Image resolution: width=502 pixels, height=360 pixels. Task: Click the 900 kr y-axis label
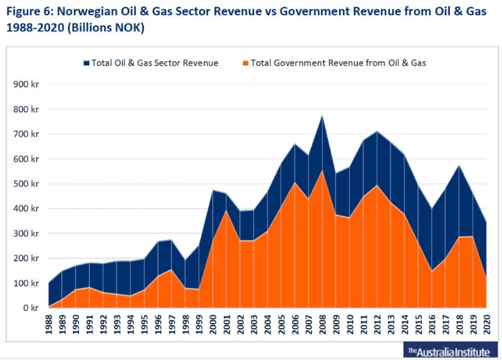[25, 84]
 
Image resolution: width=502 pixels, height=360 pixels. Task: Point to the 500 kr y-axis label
[25, 184]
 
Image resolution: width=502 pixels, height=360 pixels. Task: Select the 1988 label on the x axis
[48, 325]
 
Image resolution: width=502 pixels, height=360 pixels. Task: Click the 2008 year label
[323, 325]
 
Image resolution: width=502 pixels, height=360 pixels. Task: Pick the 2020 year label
[487, 325]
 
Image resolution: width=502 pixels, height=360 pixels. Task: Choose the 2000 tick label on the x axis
[213, 325]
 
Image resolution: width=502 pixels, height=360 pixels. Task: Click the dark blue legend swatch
[86, 62]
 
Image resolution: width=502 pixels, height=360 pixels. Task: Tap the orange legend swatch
[245, 62]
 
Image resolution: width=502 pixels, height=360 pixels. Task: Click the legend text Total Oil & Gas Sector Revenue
[154, 62]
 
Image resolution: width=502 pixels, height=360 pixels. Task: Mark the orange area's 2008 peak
[323, 171]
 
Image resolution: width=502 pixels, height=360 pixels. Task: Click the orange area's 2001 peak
[227, 211]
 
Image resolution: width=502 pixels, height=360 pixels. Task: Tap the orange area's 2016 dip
[432, 271]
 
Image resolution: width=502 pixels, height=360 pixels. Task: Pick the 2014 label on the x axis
[405, 325]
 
